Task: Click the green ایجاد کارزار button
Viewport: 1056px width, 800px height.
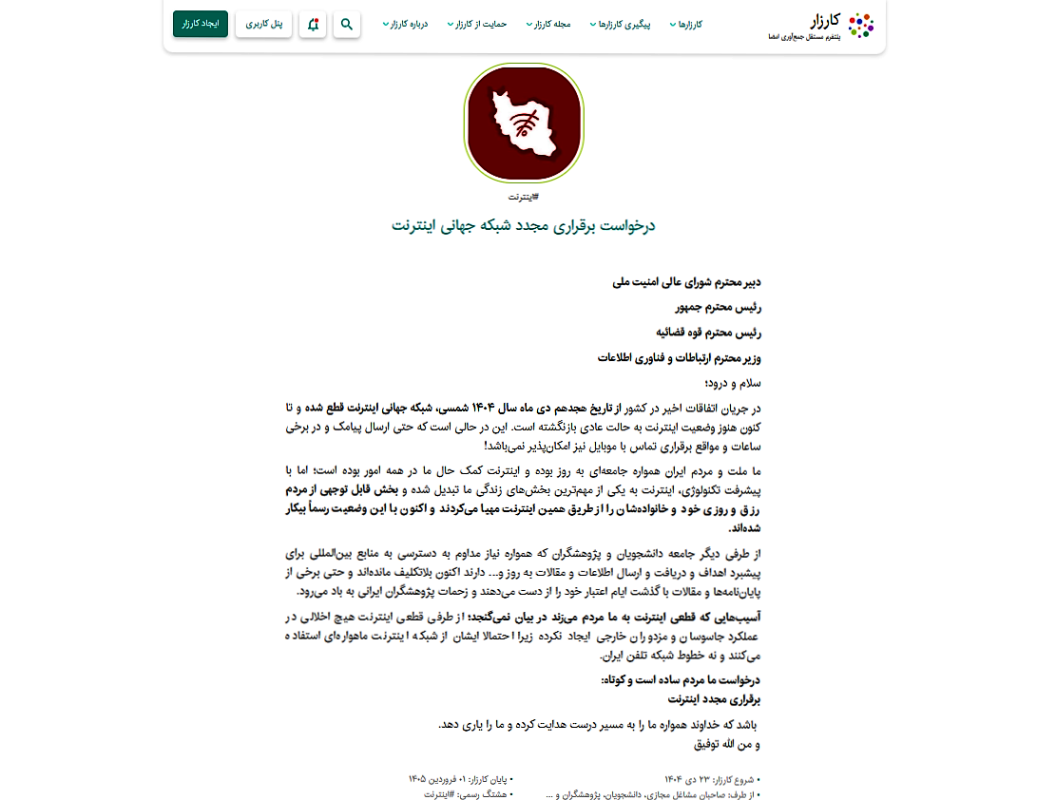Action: click(201, 24)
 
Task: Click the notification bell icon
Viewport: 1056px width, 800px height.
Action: click(313, 24)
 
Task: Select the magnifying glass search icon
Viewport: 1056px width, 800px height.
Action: click(347, 24)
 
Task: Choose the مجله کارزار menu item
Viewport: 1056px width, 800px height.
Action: click(550, 25)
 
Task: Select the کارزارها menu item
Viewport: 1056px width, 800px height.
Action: click(688, 25)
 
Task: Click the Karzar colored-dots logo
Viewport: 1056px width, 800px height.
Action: click(860, 25)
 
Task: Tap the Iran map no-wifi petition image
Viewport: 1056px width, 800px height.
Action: click(524, 124)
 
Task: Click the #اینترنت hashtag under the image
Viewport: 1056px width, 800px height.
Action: click(524, 197)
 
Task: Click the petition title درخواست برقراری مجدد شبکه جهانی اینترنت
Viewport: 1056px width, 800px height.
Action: click(524, 226)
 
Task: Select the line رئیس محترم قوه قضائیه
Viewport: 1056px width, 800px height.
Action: click(709, 333)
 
